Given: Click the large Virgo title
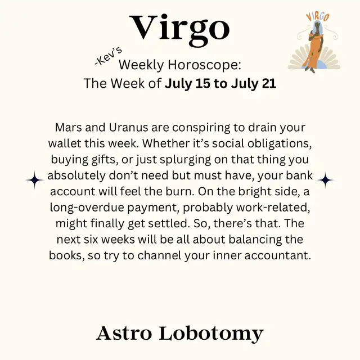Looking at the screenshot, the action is pos(180,29).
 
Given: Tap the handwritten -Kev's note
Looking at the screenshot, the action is pos(108,56).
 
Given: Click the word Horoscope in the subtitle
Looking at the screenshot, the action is pos(204,65).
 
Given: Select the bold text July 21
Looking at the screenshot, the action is pos(254,84).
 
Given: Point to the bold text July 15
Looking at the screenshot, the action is pos(187,84).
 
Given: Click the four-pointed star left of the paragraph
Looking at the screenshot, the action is pos(34,180).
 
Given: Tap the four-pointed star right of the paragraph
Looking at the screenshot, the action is pos(325,180).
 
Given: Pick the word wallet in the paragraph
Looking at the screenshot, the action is pos(65,143).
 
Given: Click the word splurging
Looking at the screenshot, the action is pos(185,160).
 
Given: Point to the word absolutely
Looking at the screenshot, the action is pos(76,176).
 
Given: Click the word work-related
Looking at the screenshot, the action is pos(273,208).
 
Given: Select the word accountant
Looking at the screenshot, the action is pos(277,255).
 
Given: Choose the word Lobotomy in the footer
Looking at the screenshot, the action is pos(211,334).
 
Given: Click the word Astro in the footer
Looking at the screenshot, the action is pos(124,334).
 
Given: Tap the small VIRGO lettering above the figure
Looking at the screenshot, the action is pos(318,17).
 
